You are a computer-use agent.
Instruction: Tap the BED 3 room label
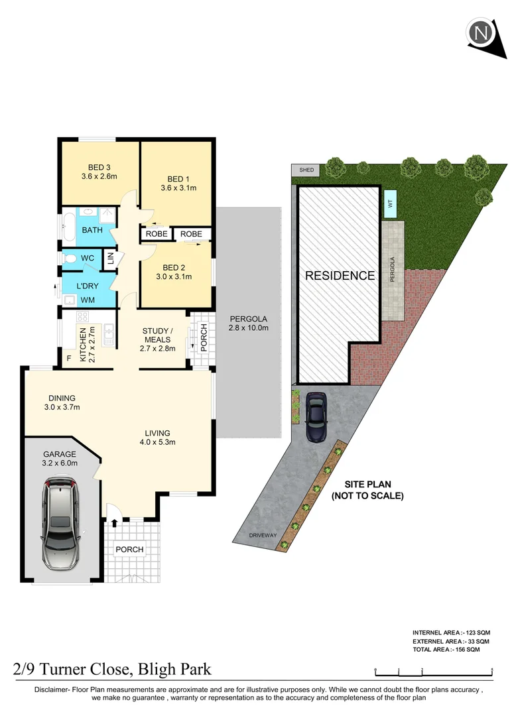[x=99, y=167]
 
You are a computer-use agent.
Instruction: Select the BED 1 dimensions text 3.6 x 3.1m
[x=178, y=188]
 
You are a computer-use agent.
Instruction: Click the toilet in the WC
[x=71, y=257]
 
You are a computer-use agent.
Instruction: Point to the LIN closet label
[x=111, y=259]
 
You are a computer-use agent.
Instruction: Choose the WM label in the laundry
[x=88, y=300]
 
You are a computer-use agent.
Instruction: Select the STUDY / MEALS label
[x=157, y=335]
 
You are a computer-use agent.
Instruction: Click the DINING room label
[x=61, y=398]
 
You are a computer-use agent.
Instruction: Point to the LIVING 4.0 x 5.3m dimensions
[x=157, y=442]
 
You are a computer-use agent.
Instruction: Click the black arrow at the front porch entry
[x=115, y=523]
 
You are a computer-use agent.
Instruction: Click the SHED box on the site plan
[x=306, y=170]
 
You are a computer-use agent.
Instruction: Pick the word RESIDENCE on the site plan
[x=340, y=275]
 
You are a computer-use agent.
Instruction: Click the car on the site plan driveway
[x=316, y=417]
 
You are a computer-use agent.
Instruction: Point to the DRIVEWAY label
[x=263, y=534]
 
